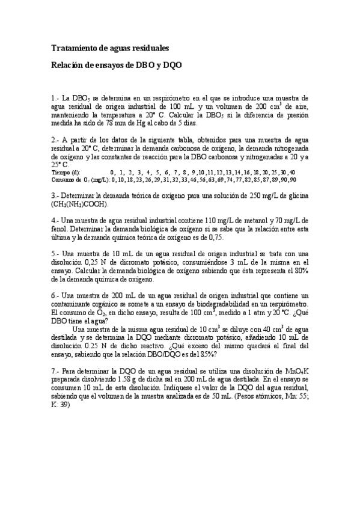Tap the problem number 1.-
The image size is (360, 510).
tap(56, 97)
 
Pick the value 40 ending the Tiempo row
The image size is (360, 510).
tap(291, 172)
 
